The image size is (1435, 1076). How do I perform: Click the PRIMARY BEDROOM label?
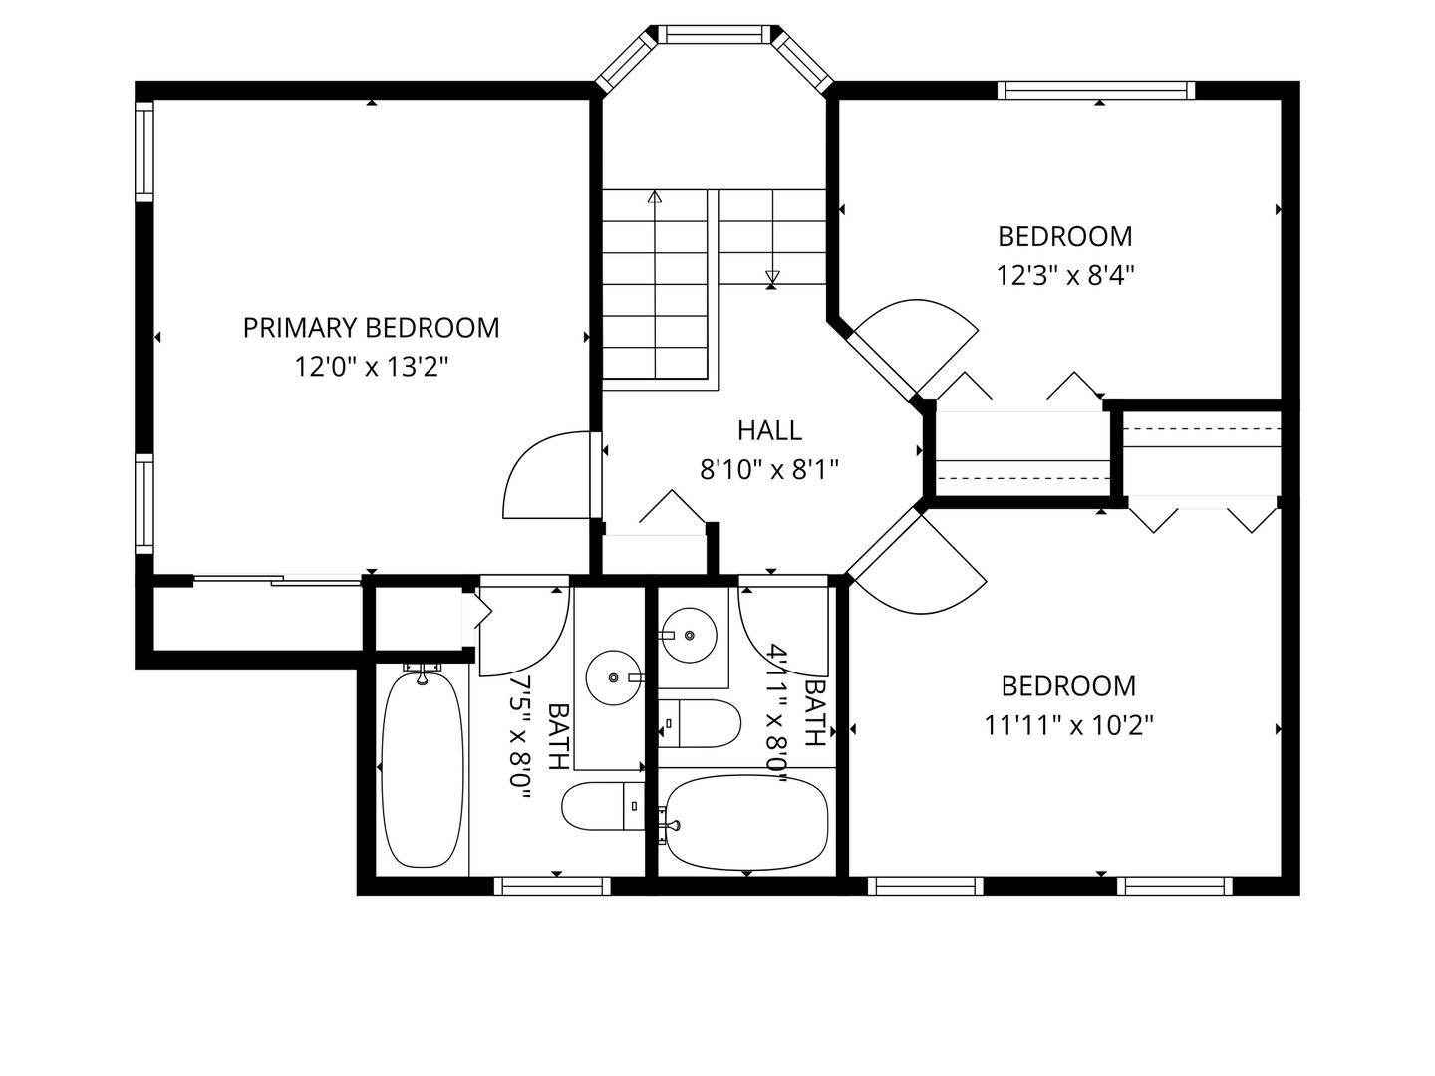[372, 328]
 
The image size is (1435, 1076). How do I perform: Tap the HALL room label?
[769, 430]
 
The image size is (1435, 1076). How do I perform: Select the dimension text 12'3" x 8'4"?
[1065, 275]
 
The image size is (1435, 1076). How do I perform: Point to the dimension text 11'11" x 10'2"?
[1069, 725]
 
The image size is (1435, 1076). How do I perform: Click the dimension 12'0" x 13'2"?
[372, 367]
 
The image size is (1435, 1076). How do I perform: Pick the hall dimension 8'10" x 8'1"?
[769, 469]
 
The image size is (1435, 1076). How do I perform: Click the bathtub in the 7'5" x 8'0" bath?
[423, 768]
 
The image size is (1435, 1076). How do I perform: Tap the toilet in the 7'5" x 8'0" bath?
[603, 806]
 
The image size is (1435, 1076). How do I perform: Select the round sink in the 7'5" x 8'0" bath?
[613, 678]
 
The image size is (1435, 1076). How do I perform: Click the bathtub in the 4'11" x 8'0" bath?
[746, 823]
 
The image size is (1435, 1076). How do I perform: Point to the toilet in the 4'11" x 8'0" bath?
[699, 723]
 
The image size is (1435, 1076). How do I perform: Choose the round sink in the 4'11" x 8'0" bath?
[689, 635]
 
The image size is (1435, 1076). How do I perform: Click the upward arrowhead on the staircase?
[655, 196]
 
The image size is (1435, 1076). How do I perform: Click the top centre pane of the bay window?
[715, 34]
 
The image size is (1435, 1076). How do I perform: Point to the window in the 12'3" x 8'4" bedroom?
[1096, 90]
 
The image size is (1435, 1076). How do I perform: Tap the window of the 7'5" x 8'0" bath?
[552, 886]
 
